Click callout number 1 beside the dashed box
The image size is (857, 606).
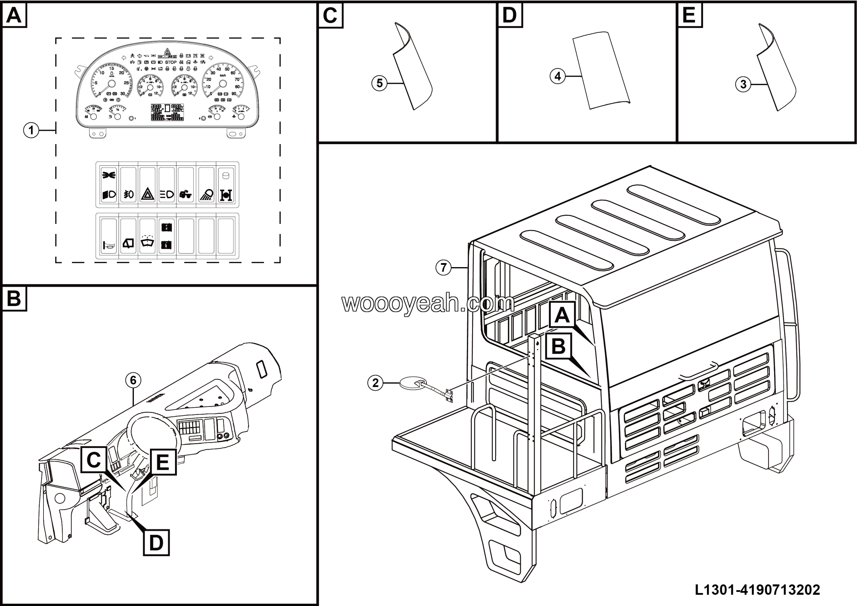[x=31, y=130]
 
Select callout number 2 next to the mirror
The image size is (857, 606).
[x=375, y=383]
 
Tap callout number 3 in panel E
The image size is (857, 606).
[x=743, y=84]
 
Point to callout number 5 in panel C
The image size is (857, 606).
[x=379, y=83]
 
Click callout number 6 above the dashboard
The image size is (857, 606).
[x=133, y=380]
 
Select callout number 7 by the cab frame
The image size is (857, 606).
[x=444, y=267]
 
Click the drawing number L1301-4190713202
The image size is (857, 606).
[x=757, y=590]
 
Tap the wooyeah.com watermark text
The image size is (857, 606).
[x=428, y=303]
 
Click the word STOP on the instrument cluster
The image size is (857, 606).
[x=171, y=62]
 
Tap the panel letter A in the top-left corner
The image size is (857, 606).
[x=14, y=15]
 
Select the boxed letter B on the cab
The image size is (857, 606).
[x=558, y=346]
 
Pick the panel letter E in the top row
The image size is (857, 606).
[x=689, y=15]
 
